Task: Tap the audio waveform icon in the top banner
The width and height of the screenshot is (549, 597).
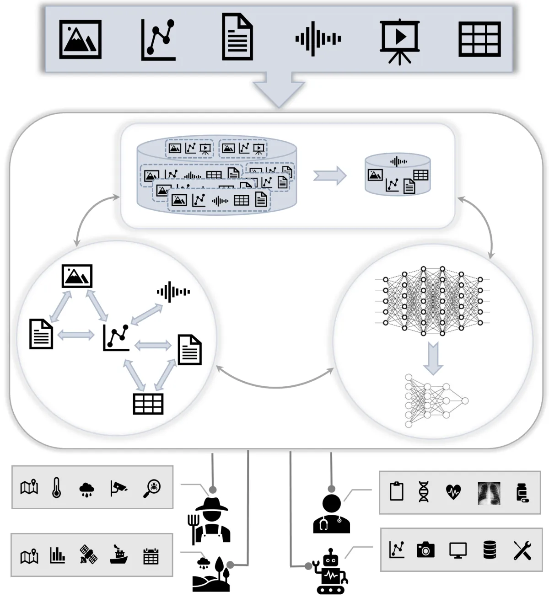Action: coord(318,39)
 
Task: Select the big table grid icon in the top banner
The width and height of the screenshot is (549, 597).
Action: coord(479,39)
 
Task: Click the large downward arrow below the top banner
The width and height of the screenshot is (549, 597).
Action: coord(279,90)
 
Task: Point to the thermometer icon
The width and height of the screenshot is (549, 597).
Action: coord(57,487)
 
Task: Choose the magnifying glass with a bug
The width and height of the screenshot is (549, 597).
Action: coord(152,488)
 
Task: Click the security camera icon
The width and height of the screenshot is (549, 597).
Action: coord(118,488)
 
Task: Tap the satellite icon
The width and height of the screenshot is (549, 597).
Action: coord(88,554)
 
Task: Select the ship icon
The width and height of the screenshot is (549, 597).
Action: coord(119,555)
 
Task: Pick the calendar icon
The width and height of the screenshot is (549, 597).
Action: coord(151,556)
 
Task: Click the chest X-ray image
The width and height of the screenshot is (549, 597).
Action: coord(489,493)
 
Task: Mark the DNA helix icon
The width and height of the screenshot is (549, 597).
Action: coord(424,492)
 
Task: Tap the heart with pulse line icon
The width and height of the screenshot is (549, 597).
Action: coord(453,492)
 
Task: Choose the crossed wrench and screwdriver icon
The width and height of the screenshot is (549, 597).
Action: coord(522,550)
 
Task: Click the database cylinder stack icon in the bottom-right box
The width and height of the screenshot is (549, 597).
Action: coord(490,550)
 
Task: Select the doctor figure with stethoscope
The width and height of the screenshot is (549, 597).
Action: coord(332,514)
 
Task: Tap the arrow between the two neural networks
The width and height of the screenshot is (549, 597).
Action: coord(433,357)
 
